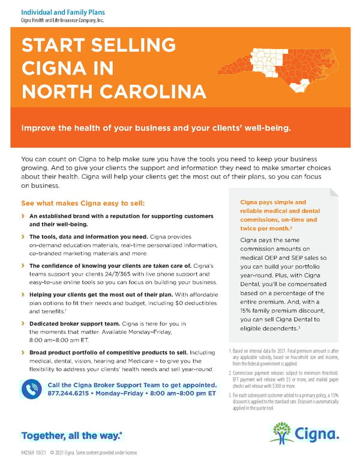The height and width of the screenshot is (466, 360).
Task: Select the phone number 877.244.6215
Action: [71, 394]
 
